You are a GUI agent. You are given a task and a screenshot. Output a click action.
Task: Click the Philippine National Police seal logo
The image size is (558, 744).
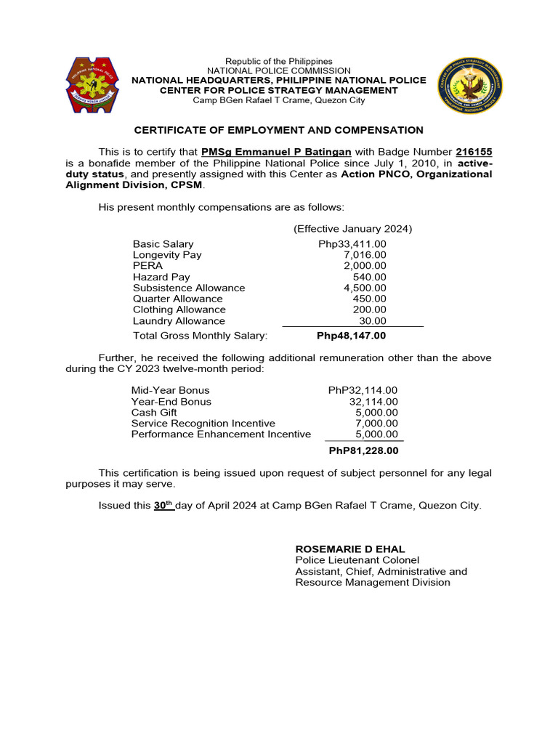coord(90,85)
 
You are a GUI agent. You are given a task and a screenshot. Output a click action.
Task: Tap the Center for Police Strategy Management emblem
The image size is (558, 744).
coord(469,86)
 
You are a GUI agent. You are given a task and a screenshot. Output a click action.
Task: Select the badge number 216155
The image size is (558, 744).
coord(474,152)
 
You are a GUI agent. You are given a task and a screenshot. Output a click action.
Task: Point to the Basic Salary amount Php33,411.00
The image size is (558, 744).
coord(352,244)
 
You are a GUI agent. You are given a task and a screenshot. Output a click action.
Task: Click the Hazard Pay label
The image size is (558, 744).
coord(161,277)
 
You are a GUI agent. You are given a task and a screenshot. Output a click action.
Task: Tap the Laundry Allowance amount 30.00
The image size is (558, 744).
coord(373,321)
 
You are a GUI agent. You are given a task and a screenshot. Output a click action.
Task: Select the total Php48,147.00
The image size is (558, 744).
coord(352,336)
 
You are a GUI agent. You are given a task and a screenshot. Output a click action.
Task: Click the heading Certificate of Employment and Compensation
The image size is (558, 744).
coord(278,130)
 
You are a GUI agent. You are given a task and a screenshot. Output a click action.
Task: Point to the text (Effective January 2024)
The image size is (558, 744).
coord(353,228)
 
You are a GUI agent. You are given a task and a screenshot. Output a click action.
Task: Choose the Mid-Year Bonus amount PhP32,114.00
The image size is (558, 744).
coord(363,390)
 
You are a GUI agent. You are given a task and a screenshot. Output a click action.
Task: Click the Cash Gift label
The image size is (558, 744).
coord(154,413)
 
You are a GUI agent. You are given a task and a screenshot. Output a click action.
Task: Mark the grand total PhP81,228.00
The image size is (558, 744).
coord(364,451)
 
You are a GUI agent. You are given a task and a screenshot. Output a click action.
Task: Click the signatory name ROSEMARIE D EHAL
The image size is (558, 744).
coord(350,549)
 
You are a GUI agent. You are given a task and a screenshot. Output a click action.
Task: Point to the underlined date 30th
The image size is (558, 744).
coord(163,505)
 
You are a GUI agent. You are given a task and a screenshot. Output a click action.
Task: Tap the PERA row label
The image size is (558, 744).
coord(147,266)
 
